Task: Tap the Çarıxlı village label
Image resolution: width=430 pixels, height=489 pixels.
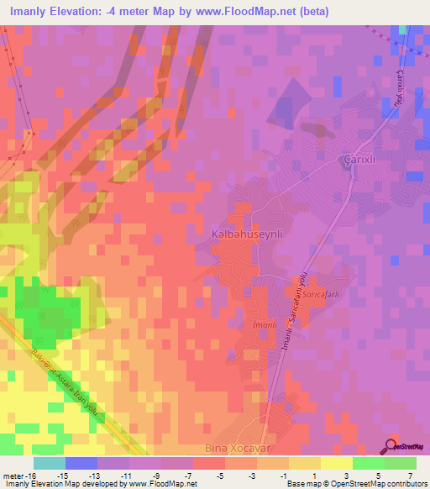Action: tap(358, 160)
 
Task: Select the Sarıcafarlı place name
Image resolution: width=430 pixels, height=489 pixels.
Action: tap(320, 295)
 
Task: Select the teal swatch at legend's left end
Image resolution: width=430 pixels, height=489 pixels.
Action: tap(50, 464)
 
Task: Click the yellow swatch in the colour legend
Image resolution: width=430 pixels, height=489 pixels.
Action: tap(336, 464)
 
